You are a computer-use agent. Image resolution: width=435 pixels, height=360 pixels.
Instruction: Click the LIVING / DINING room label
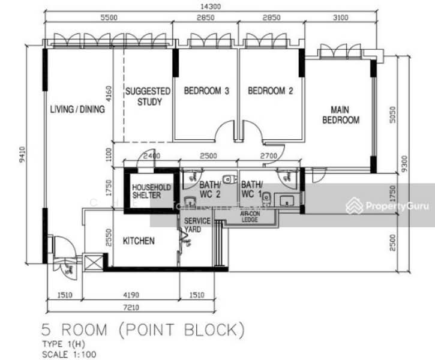click(77, 109)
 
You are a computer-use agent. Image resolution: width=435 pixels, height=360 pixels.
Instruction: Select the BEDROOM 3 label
click(206, 91)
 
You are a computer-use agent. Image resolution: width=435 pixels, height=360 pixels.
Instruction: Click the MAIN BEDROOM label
click(341, 115)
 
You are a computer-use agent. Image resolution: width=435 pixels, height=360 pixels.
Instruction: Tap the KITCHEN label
click(139, 241)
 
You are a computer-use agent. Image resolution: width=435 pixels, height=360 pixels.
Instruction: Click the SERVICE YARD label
click(197, 225)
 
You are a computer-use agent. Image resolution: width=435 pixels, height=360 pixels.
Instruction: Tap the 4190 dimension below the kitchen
click(131, 295)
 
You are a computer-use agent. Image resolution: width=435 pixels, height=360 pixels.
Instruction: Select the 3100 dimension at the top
click(340, 18)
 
